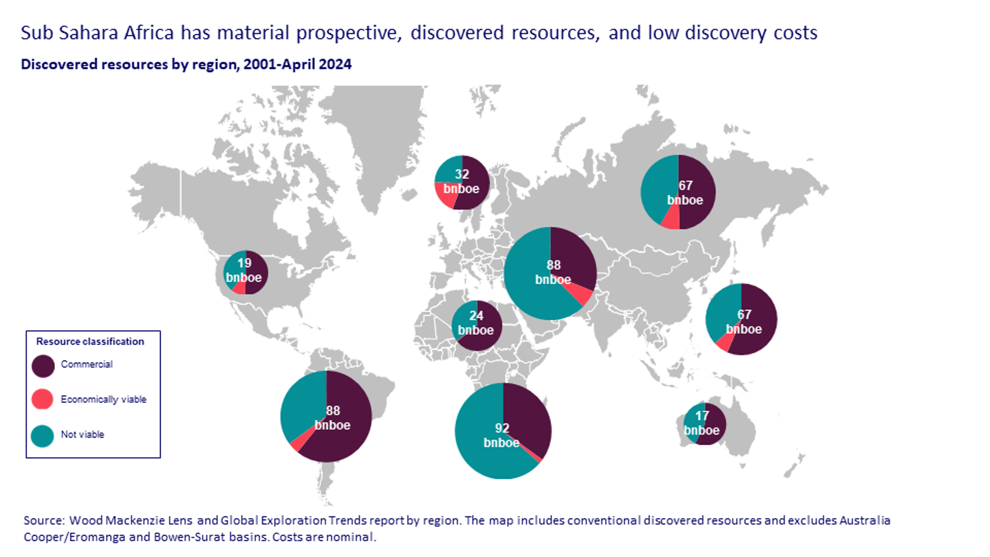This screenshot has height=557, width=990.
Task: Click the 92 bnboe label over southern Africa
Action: pyautogui.click(x=502, y=435)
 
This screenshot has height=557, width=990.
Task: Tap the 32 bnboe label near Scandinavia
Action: pyautogui.click(x=461, y=182)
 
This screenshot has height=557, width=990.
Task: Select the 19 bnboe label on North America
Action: pyautogui.click(x=244, y=270)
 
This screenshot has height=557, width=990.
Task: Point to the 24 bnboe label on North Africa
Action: pyautogui.click(x=476, y=323)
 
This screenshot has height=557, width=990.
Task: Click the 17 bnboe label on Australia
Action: pyautogui.click(x=702, y=423)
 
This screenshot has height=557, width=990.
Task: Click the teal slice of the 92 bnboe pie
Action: pyautogui.click(x=479, y=440)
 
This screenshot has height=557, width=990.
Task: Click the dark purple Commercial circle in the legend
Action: pyautogui.click(x=43, y=366)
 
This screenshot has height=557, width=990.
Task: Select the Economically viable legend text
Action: pyautogui.click(x=103, y=400)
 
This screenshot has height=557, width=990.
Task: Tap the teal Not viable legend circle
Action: pyautogui.click(x=42, y=436)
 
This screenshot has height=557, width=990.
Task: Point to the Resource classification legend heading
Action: pyautogui.click(x=90, y=342)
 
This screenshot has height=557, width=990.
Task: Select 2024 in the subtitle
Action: pyautogui.click(x=335, y=64)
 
